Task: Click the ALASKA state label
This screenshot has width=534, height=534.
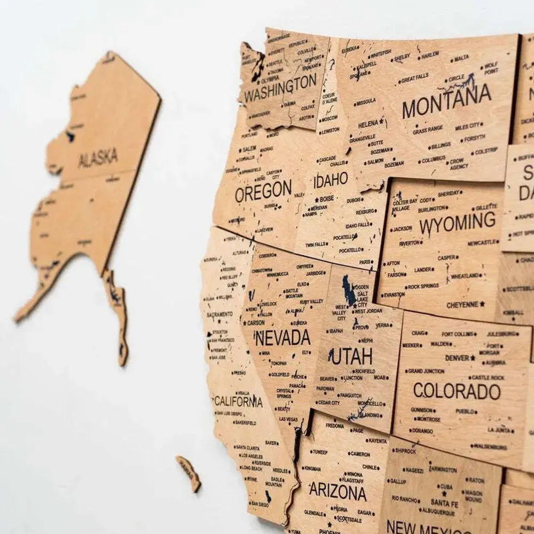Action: [98, 159]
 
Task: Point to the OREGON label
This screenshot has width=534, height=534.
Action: [263, 192]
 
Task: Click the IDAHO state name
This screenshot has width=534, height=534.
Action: [331, 180]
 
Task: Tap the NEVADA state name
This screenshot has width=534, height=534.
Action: [282, 337]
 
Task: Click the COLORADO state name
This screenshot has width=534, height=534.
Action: [457, 391]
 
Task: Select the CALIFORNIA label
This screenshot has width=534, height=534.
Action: [238, 401]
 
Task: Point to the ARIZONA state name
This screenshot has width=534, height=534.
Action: [338, 491]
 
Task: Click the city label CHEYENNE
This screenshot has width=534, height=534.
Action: [462, 304]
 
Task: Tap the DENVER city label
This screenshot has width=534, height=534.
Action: [457, 358]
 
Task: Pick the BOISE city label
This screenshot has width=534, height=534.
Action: [326, 199]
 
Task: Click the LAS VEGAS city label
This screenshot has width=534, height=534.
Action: [288, 419]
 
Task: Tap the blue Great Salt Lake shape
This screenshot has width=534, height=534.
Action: [349, 291]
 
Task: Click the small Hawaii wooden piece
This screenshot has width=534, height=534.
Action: [189, 472]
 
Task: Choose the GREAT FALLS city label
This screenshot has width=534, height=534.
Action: [414, 78]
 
